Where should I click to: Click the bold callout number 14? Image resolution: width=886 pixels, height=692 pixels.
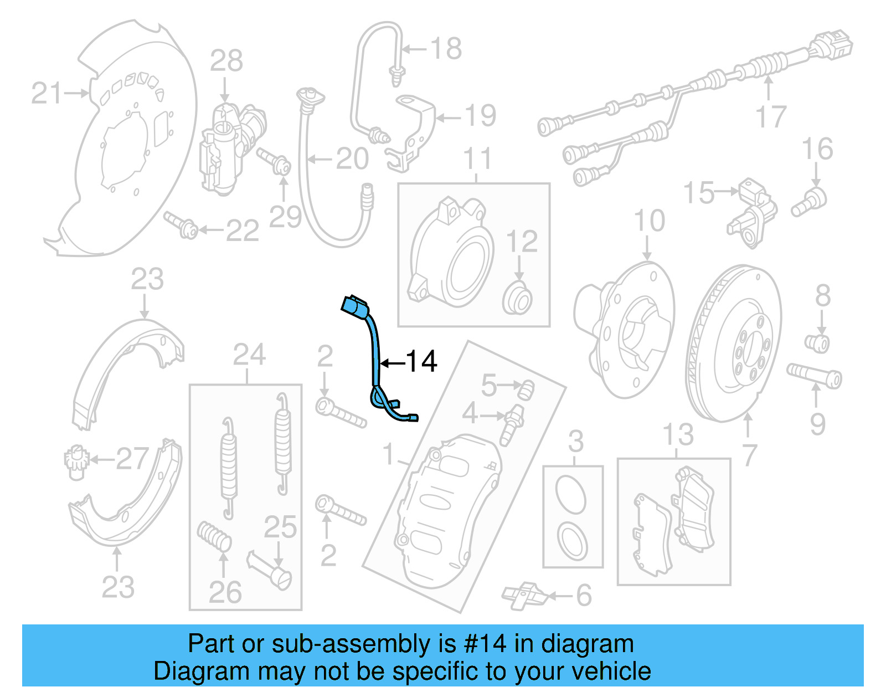coord(422,362)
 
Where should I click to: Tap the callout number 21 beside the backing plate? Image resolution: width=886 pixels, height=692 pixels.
coord(47,93)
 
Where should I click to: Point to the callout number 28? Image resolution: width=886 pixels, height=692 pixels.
coord(226,61)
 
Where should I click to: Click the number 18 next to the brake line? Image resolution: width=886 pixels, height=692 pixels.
coord(446,49)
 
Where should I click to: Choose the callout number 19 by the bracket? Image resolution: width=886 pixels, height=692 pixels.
coord(480,116)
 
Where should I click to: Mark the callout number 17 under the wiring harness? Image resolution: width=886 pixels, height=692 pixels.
coord(771,117)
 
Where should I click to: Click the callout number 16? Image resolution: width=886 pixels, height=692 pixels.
coord(817,150)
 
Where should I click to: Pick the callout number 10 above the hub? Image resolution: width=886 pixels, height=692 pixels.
coord(649,221)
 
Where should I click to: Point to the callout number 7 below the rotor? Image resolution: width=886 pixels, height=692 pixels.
coord(749,455)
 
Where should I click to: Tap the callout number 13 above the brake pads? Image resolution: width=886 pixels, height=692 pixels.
coord(678,435)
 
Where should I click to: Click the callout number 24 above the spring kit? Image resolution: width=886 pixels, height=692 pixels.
coord(249,355)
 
